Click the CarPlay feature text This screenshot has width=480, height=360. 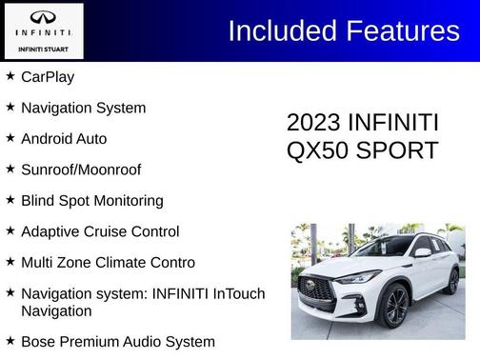pyautogui.click(x=48, y=77)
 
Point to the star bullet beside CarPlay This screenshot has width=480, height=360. pyautogui.click(x=10, y=76)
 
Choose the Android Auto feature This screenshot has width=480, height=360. pyautogui.click(x=64, y=139)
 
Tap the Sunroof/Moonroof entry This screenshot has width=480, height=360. pyautogui.click(x=81, y=170)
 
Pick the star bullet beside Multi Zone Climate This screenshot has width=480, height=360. pyautogui.click(x=10, y=261)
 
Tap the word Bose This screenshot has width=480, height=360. pyautogui.click(x=39, y=341)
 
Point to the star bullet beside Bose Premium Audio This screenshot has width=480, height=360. pyautogui.click(x=10, y=340)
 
